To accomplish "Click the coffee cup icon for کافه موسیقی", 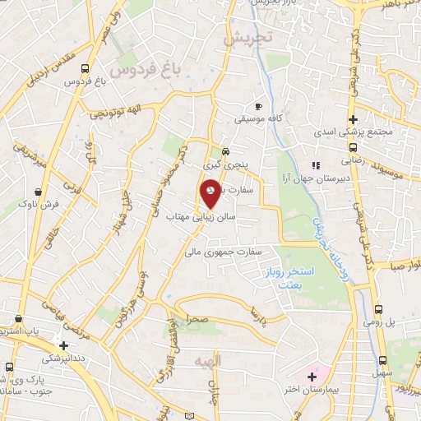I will [x=259, y=107].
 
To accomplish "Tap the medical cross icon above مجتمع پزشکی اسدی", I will [x=352, y=119].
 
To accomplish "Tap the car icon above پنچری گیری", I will [x=225, y=152].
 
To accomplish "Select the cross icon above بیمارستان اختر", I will [x=312, y=377].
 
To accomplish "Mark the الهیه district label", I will [x=203, y=361].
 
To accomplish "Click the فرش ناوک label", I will [x=39, y=202].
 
